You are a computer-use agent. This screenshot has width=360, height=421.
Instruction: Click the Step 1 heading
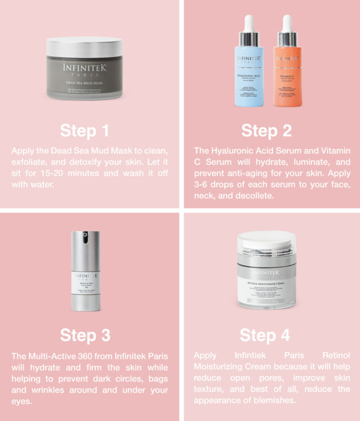(85, 131)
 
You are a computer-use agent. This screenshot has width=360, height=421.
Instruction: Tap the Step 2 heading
(266, 131)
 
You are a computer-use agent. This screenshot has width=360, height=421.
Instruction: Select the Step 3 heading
(85, 335)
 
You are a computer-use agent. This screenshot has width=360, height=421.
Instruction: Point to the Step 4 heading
(266, 335)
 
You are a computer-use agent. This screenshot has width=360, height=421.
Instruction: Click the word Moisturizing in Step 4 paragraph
(217, 367)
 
